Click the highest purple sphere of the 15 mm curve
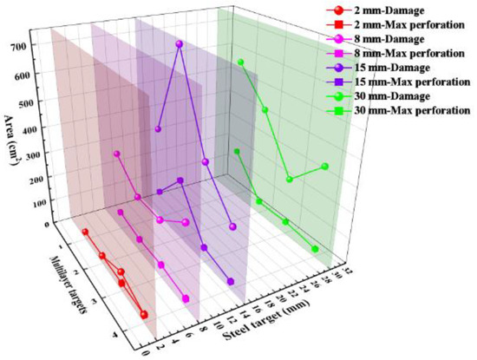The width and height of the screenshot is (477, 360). pos(180,44)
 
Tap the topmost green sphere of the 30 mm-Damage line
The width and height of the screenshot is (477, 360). pos(241,62)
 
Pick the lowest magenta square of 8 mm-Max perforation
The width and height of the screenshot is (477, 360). pos(186,299)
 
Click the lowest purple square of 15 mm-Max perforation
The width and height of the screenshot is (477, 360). pos(231,281)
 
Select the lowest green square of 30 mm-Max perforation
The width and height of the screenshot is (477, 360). pos(315,249)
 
